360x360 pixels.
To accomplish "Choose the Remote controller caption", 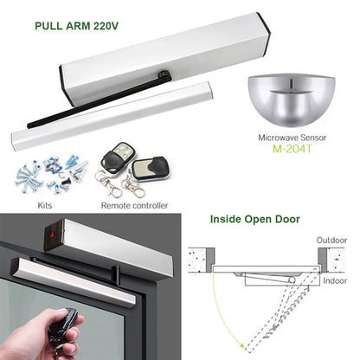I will tap(134, 206).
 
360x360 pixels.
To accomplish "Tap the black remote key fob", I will tap(113, 161).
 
